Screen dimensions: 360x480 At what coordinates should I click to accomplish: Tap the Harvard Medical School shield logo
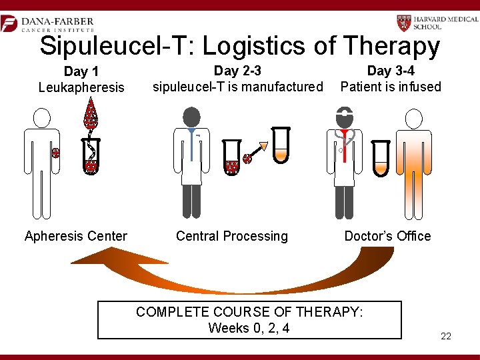pyautogui.click(x=405, y=23)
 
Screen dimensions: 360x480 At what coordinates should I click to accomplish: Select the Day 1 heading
pyautogui.click(x=81, y=71)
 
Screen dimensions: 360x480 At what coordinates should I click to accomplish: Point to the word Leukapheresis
pyautogui.click(x=81, y=87)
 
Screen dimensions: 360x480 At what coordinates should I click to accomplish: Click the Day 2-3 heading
pyautogui.click(x=237, y=71)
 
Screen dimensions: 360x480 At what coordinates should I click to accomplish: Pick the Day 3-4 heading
pyautogui.click(x=390, y=71)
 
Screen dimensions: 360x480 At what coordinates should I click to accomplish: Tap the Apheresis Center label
pyautogui.click(x=75, y=236)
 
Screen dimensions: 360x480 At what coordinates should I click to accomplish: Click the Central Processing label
pyautogui.click(x=232, y=236)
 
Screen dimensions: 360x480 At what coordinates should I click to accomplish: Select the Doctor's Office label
pyautogui.click(x=387, y=236)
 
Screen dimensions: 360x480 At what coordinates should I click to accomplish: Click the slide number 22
pyautogui.click(x=446, y=336)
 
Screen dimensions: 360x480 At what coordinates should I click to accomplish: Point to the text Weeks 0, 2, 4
pyautogui.click(x=249, y=328)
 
